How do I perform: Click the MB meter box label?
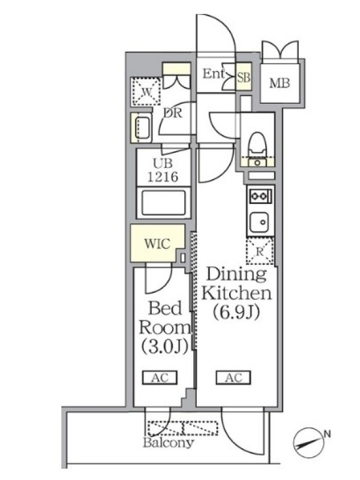tap(280, 83)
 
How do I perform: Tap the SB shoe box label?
tap(244, 77)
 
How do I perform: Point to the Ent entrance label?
tap(214, 73)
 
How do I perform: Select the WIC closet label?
tap(157, 244)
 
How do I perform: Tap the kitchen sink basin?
tap(259, 222)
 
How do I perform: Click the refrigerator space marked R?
tap(260, 251)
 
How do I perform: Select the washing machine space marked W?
tap(146, 91)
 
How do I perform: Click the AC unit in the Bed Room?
tap(160, 378)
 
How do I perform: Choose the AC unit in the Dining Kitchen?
tap(233, 378)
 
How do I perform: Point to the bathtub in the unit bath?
tap(163, 203)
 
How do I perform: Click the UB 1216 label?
tap(163, 170)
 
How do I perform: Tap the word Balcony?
tap(169, 443)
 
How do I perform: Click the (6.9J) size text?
tap(236, 312)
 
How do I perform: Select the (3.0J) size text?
tap(164, 347)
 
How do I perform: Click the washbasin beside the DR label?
tap(142, 128)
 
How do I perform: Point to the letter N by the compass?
tap(327, 434)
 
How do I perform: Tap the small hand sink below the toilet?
tap(257, 162)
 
